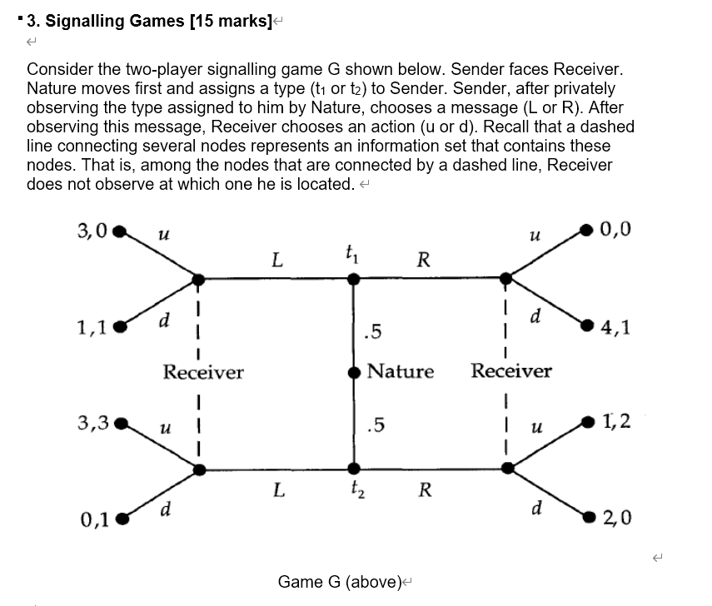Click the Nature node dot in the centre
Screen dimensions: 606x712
pos(354,372)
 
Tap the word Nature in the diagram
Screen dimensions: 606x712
pos(401,371)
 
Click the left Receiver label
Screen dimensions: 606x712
pos(203,371)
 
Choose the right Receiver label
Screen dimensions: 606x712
pos(511,370)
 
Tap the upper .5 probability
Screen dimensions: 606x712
pos(373,333)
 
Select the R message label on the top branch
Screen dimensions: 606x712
pos(423,260)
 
